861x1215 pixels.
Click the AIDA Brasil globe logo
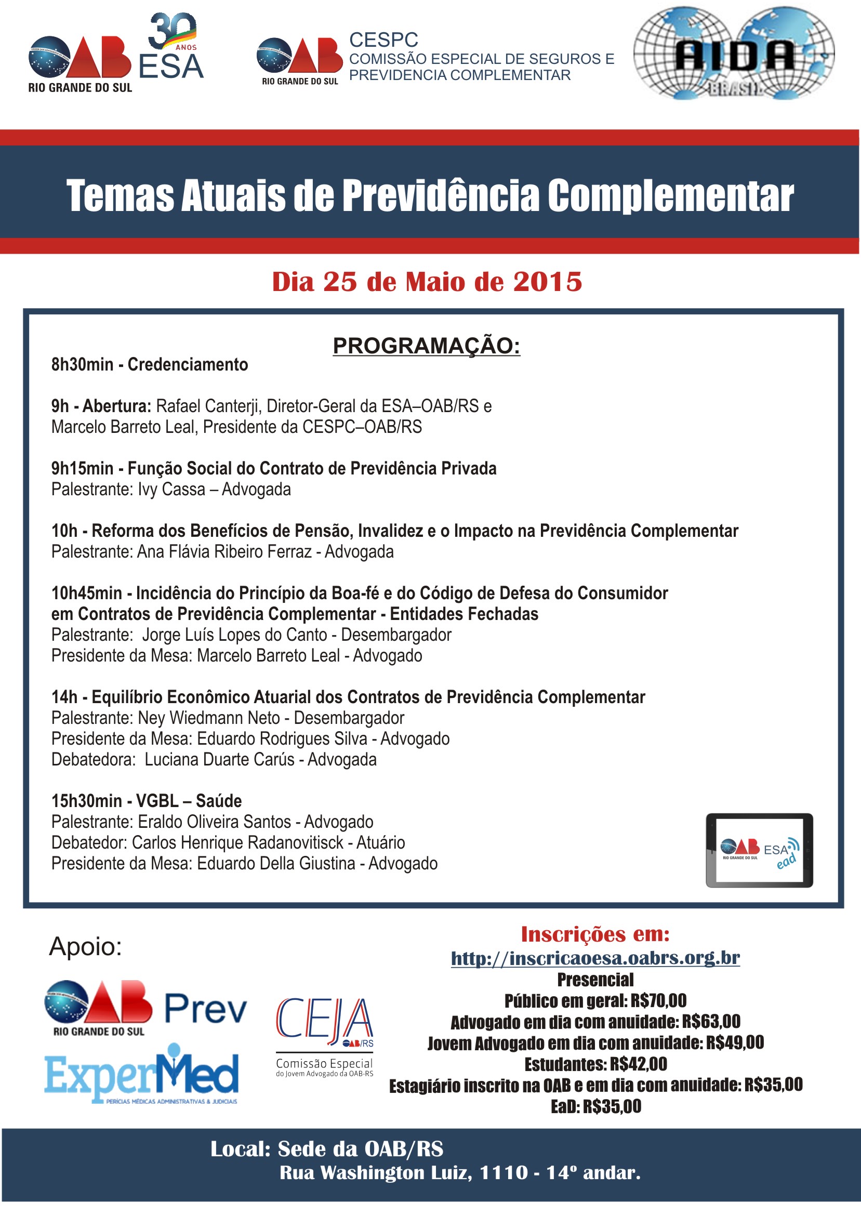coord(734,54)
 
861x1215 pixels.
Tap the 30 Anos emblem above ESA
coord(173,31)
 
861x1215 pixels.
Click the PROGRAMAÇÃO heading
coord(426,346)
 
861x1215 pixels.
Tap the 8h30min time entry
coord(82,365)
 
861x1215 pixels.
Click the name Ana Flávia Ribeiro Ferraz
coord(224,552)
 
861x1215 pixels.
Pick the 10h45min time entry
coord(86,593)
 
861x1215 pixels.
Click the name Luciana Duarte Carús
coord(219,760)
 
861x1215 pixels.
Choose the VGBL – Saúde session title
coord(189,801)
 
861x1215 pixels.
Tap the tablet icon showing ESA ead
coord(759,850)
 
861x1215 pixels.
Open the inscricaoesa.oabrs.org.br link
coord(595,958)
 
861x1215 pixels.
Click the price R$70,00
coord(658,1001)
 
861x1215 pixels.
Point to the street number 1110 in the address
coord(504,1172)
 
